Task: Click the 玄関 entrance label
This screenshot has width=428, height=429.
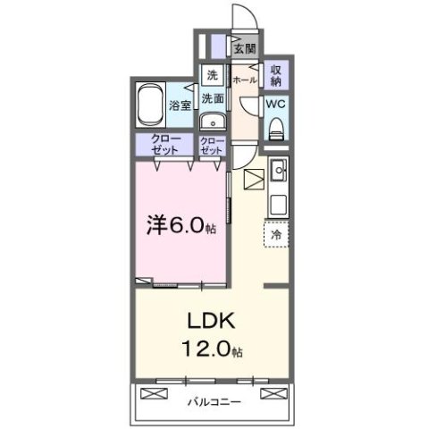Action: pos(245,48)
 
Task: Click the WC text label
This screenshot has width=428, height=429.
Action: pos(275,104)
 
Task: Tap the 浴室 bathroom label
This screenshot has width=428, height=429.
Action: pos(180,105)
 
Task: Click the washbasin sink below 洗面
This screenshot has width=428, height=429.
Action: pos(212,122)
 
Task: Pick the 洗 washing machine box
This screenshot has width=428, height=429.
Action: pos(212,75)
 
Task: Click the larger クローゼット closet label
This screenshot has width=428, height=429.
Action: pos(164,145)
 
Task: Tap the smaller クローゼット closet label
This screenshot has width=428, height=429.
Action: pos(212,146)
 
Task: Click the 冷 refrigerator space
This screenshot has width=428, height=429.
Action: pos(276,233)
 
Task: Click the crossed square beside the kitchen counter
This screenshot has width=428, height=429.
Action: pos(252,179)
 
